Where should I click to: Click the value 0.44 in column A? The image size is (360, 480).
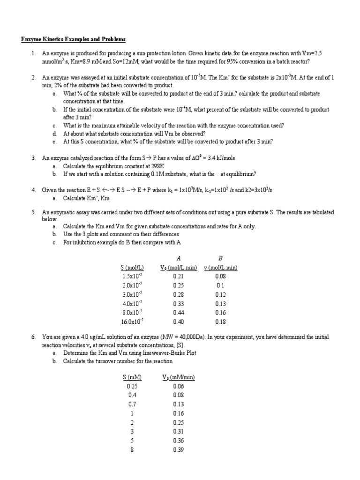[x=178, y=313]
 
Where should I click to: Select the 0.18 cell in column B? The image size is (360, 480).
[x=220, y=322]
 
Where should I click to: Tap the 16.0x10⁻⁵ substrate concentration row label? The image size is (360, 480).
[x=132, y=322]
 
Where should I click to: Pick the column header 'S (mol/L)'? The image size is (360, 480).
[x=132, y=268]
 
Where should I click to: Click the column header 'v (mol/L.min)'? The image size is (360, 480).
[x=220, y=268]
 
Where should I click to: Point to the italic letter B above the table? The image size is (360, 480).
[x=220, y=258]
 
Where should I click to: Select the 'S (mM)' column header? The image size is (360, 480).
[x=132, y=377]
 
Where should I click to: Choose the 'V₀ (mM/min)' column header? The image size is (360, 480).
[x=178, y=377]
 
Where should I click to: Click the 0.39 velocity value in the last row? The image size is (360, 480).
[x=178, y=450]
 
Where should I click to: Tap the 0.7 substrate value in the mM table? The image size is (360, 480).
[x=132, y=404]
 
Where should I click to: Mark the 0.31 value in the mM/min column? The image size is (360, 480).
[x=178, y=431]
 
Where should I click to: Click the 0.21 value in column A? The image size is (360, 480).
[x=178, y=277]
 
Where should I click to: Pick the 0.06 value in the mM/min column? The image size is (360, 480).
[x=178, y=386]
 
